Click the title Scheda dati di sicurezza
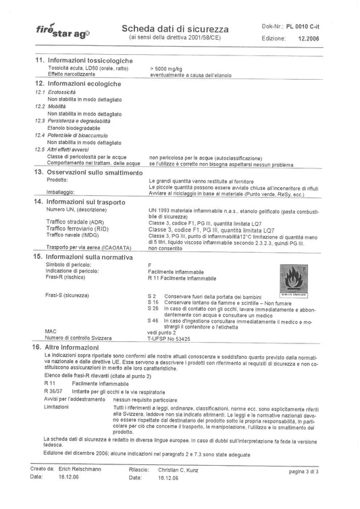(174, 29)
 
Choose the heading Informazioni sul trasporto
(91, 202)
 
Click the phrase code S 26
(153, 308)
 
